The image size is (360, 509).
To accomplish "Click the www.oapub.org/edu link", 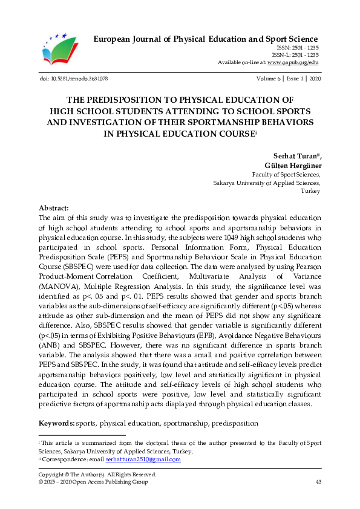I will (x=293, y=62).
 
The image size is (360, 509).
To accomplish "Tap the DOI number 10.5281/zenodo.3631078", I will (x=77, y=79).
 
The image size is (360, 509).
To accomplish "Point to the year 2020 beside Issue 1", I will (x=315, y=79).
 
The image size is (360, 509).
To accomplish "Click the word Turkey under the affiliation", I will (x=310, y=190).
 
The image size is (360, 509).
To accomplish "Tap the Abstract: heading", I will (x=54, y=207).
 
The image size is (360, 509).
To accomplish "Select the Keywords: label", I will (x=56, y=424).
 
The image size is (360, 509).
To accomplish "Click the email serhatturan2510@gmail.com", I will (x=150, y=459).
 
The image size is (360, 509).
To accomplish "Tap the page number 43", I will (x=318, y=482).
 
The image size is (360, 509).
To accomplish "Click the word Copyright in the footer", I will (x=52, y=475).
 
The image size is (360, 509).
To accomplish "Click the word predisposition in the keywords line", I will (x=235, y=424).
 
